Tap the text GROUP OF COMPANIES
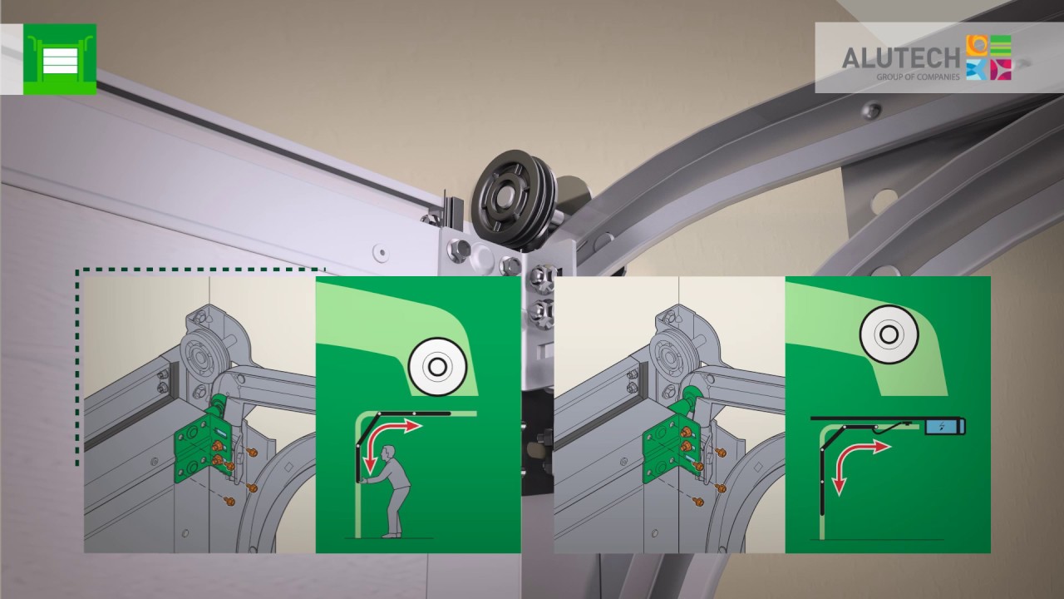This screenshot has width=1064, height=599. point(918,77)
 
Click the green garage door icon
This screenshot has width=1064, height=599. point(60,59)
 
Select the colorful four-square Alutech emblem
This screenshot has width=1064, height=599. point(989,57)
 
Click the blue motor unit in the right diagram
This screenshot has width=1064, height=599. point(945,426)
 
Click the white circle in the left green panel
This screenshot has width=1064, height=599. point(437,367)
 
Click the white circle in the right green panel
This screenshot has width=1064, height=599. point(889,334)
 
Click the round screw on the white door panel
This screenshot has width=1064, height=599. point(381,252)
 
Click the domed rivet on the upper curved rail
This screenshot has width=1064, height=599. point(873,111)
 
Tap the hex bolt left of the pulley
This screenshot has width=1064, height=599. point(458,249)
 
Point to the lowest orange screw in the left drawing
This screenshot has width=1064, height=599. point(229,501)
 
